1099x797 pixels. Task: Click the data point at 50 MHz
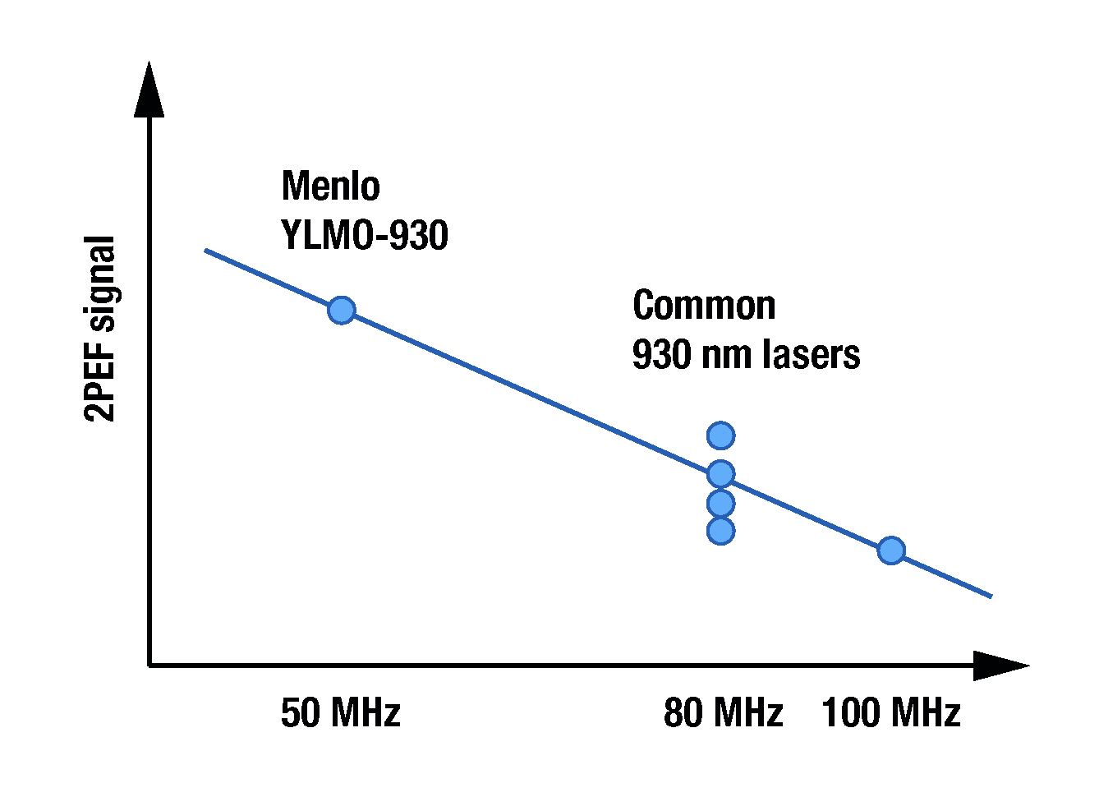(341, 310)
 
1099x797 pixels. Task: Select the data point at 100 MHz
(891, 550)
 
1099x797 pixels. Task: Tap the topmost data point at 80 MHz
(720, 435)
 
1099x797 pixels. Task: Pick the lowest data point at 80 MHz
(720, 531)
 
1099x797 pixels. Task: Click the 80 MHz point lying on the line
(720, 473)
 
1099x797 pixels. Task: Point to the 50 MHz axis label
(340, 712)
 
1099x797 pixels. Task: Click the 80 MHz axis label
(723, 712)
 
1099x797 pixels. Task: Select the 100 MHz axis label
(890, 712)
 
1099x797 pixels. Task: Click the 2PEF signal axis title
(100, 329)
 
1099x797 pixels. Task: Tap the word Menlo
(330, 186)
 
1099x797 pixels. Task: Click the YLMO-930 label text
(365, 236)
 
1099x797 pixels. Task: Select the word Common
(704, 306)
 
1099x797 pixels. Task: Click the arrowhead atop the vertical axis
(149, 90)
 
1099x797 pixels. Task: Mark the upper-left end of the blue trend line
(206, 250)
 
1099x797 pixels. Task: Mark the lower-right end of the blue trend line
(991, 596)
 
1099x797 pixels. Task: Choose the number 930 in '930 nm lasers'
(657, 355)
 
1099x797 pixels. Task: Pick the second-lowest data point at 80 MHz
(720, 502)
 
